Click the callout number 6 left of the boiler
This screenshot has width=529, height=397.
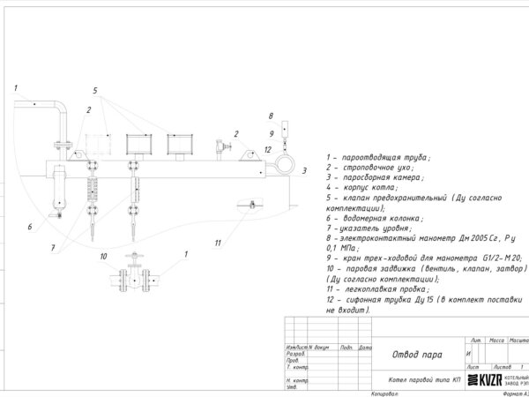pos(29,227)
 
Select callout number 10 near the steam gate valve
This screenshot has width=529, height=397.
pos(103,257)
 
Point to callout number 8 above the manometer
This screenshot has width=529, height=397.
pos(272,116)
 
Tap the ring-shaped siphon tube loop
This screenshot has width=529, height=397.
pos(285,162)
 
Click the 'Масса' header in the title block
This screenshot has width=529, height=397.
pos(495,340)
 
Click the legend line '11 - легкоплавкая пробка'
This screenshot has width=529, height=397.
pos(380,288)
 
